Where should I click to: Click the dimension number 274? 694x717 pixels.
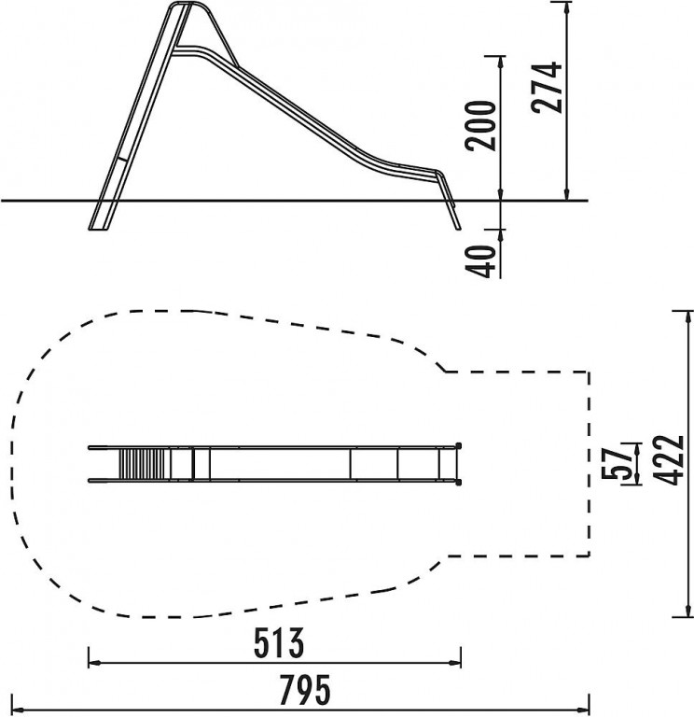547,87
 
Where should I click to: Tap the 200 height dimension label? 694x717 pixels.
480,125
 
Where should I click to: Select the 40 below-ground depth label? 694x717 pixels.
480,261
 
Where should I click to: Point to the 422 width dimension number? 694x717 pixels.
669,460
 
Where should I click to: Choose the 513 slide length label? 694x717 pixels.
278,643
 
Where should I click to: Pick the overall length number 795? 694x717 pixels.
304,690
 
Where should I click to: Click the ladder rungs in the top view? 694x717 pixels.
142,464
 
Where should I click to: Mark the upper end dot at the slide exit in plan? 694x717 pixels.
459,445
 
